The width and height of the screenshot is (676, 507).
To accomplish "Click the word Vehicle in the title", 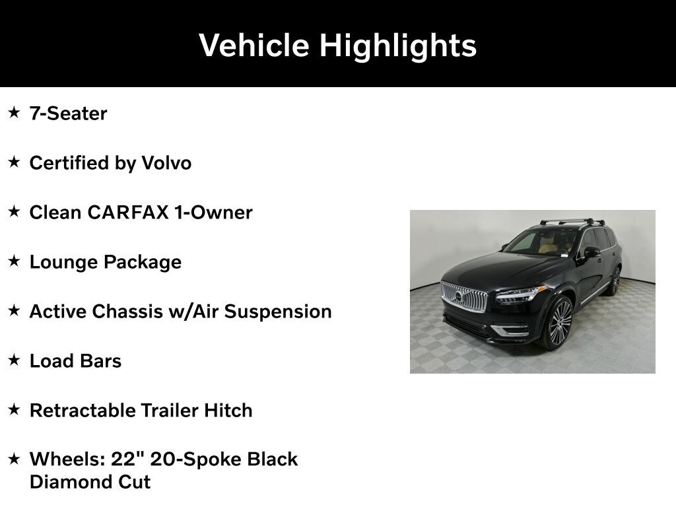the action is [254, 45].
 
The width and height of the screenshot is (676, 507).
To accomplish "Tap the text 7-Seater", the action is [68, 114].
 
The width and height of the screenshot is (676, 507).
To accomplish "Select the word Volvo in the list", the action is [166, 163].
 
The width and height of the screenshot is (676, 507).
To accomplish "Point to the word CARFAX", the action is [128, 213].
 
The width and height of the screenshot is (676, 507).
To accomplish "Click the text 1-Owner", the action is [213, 213].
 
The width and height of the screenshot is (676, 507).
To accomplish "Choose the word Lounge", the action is [64, 263].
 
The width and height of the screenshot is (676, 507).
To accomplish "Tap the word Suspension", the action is [278, 312].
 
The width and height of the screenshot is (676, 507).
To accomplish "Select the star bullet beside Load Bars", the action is [15, 360].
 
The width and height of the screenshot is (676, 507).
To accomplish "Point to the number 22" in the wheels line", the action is [127, 459].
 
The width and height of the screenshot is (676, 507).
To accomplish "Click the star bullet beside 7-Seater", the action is [15, 112].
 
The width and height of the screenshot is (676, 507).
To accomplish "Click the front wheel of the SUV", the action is [558, 322].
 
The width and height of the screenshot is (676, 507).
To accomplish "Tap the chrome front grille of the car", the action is [464, 296].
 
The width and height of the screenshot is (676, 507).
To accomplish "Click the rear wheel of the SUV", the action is [615, 281].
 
